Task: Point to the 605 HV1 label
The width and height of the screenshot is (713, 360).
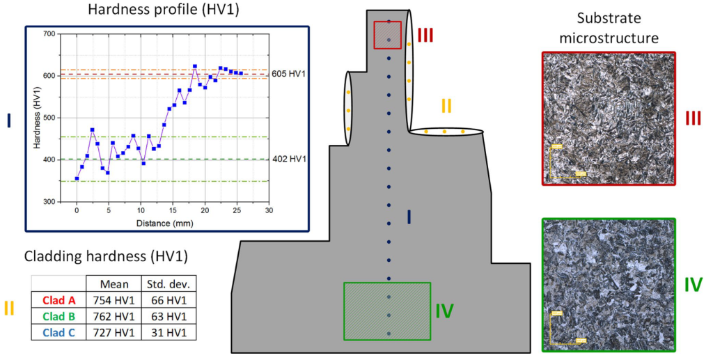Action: tap(289, 74)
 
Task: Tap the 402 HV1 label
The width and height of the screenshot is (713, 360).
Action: tap(289, 159)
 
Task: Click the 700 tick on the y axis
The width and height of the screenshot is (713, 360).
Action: tap(49, 33)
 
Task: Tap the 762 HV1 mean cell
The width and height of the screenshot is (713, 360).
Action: tap(113, 315)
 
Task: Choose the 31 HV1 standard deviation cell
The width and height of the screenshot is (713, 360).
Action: tap(167, 331)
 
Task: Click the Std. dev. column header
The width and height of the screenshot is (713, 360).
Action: tap(167, 283)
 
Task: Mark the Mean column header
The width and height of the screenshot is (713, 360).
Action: tap(113, 283)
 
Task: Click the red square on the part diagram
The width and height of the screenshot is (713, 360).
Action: tap(388, 35)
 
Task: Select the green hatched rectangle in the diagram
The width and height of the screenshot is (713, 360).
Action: tap(387, 311)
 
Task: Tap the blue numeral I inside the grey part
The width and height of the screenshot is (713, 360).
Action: tap(409, 218)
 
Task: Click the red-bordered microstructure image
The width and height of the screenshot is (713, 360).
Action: tap(608, 118)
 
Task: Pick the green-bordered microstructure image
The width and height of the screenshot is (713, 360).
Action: tap(608, 284)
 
